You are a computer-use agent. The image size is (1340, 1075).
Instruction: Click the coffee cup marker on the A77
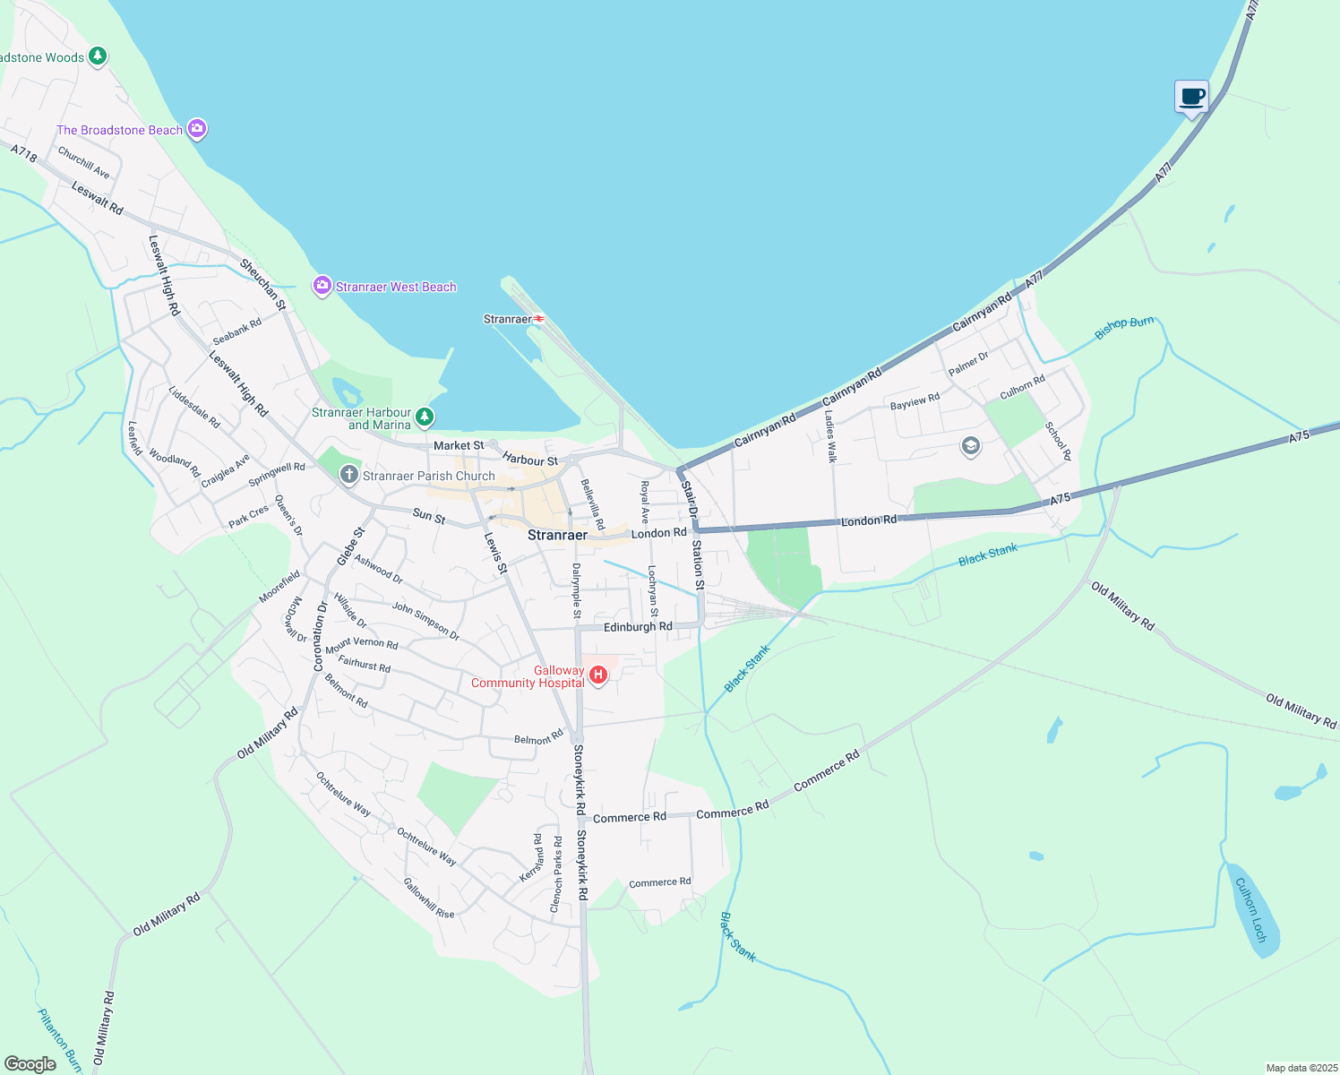point(1191,96)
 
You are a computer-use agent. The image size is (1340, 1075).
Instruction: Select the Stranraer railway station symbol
point(539,319)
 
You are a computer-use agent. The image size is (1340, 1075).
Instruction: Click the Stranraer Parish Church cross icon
point(349,475)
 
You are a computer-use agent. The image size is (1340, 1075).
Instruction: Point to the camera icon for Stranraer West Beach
point(322,286)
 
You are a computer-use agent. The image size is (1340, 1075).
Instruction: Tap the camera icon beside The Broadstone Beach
point(197,129)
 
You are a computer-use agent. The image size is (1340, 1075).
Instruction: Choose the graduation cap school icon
point(970,445)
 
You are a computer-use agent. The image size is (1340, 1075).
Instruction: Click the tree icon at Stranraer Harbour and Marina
point(425,417)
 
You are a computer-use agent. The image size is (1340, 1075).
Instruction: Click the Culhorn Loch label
point(1250,909)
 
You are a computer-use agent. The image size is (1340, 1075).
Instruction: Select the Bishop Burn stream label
point(1124,328)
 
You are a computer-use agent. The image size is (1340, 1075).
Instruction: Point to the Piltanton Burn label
point(59,1040)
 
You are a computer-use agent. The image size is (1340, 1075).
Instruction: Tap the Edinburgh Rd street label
point(637,627)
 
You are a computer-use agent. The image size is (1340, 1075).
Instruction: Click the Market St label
point(459,445)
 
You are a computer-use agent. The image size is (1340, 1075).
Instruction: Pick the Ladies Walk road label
point(831,436)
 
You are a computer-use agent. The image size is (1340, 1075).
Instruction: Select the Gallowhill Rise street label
point(428,898)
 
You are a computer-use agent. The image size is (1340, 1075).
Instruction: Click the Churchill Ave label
point(83,162)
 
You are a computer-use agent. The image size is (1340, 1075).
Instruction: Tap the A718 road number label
point(24,154)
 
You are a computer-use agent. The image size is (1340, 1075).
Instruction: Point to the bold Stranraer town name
point(557,535)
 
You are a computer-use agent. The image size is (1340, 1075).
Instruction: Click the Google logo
point(30,1064)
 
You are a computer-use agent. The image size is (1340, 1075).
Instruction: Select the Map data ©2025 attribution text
point(1301,1068)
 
